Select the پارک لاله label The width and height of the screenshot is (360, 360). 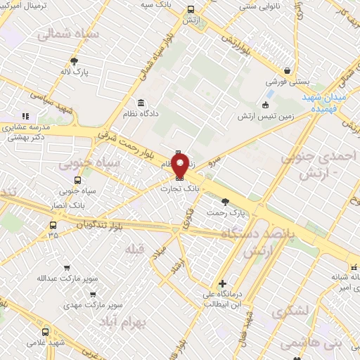(x=75, y=72)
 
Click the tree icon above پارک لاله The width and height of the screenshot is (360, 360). (x=75, y=61)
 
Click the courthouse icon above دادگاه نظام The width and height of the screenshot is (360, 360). (x=141, y=102)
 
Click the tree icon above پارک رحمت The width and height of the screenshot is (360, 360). (x=224, y=201)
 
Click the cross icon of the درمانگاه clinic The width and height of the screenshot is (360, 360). (x=222, y=283)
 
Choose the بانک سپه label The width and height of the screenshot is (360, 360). (x=156, y=4)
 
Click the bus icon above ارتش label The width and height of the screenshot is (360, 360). (x=191, y=10)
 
